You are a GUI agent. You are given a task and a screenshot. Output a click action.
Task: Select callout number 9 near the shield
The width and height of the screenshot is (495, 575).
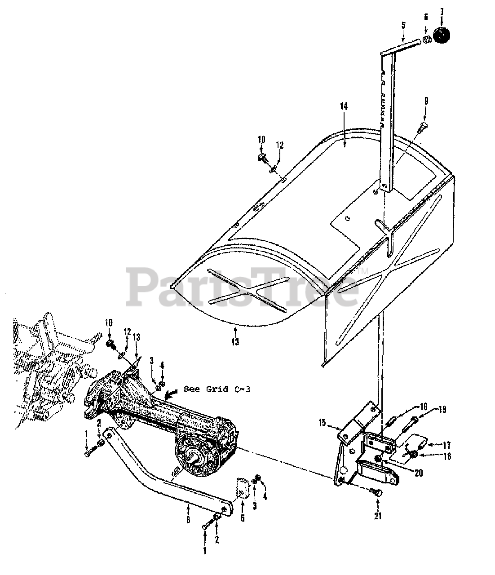[425, 101]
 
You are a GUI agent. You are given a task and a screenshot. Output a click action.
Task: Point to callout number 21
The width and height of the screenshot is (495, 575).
[378, 516]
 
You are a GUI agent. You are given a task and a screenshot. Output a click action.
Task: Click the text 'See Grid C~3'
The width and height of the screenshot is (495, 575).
[217, 389]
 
